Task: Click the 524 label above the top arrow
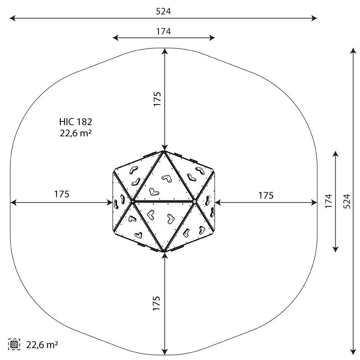(x=163, y=11)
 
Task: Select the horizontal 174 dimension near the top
(x=163, y=31)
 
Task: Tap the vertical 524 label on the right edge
(x=346, y=201)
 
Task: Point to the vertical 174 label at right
(x=329, y=201)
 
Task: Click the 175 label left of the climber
(x=62, y=194)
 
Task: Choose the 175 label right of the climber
(x=266, y=195)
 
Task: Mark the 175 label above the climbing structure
(x=157, y=99)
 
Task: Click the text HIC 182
(x=76, y=121)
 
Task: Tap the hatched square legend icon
(x=14, y=345)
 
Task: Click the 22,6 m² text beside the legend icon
(x=42, y=345)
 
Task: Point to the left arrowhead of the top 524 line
(x=11, y=18)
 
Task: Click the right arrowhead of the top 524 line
(x=316, y=18)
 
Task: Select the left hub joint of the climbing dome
(x=133, y=201)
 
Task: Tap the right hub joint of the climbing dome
(x=194, y=201)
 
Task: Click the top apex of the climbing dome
(x=164, y=152)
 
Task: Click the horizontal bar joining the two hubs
(x=164, y=201)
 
